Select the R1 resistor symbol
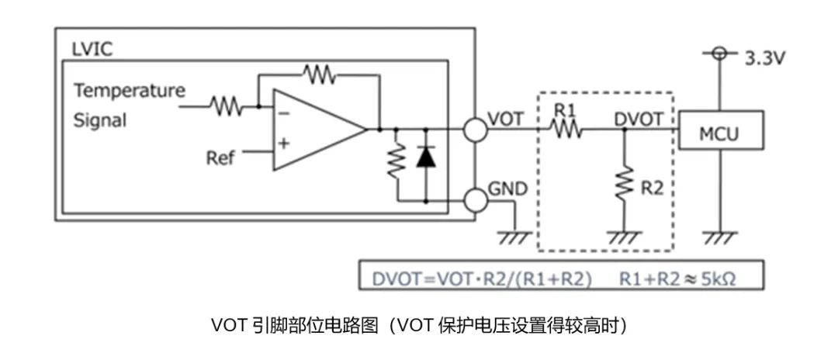(x=567, y=130)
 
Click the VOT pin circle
(x=475, y=130)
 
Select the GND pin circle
(x=475, y=201)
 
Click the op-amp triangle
(x=314, y=130)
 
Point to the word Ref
(x=220, y=158)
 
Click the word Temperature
(x=130, y=90)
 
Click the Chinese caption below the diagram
(x=418, y=327)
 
